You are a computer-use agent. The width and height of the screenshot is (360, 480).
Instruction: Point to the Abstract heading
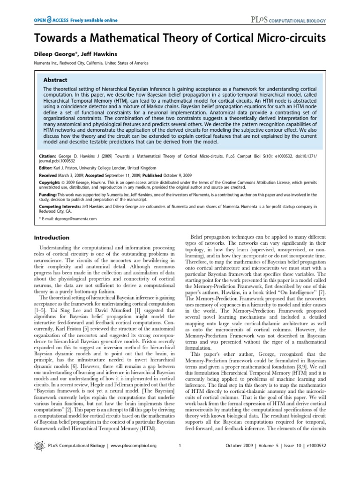(55, 80)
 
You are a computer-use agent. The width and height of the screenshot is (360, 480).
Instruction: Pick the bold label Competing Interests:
(55, 206)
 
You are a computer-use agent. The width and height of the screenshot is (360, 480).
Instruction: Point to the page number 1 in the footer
(180, 458)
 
